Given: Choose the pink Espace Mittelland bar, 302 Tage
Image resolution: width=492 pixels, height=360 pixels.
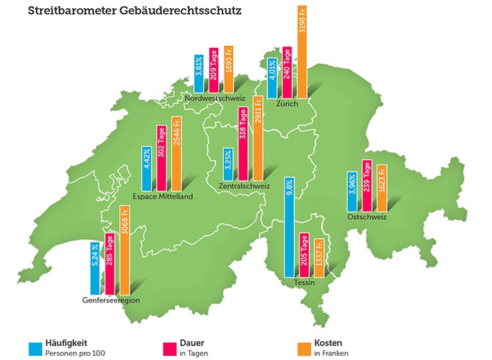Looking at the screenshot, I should [161, 158].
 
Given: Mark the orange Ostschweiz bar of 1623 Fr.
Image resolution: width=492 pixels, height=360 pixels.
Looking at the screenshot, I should [381, 187].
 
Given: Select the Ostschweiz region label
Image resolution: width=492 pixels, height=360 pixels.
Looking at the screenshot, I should [367, 217].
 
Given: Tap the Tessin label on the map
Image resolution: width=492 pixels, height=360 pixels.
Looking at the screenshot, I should [304, 283].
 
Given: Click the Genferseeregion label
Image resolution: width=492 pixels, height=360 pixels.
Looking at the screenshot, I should [111, 300].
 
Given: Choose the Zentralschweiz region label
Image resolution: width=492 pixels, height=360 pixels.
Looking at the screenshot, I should [243, 186].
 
